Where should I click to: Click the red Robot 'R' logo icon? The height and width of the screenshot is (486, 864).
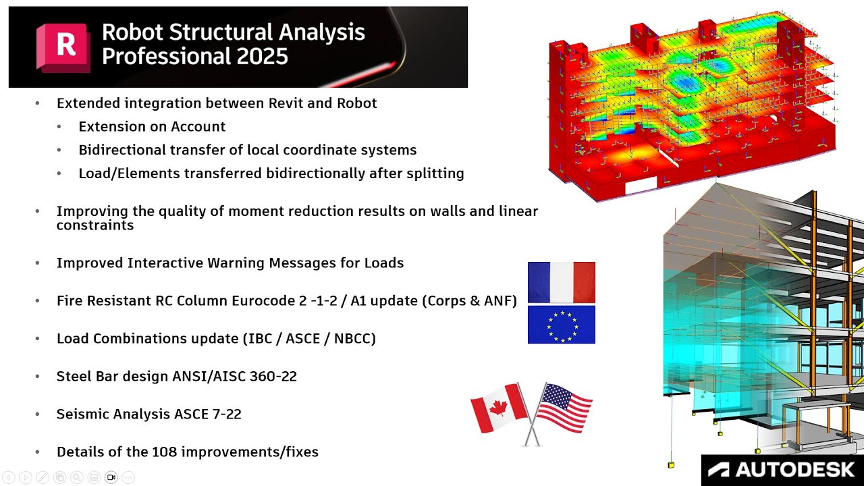pyautogui.click(x=64, y=47)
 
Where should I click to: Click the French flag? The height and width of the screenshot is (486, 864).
pyautogui.click(x=561, y=282)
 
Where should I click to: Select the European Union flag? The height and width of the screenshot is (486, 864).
pyautogui.click(x=561, y=325)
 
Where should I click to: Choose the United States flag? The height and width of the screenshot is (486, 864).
pyautogui.click(x=563, y=408)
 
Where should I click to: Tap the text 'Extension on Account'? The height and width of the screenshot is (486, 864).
pyautogui.click(x=152, y=126)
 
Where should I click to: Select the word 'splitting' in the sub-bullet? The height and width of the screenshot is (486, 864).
pyautogui.click(x=433, y=173)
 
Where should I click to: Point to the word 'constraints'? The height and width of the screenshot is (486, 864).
pyautogui.click(x=95, y=225)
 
